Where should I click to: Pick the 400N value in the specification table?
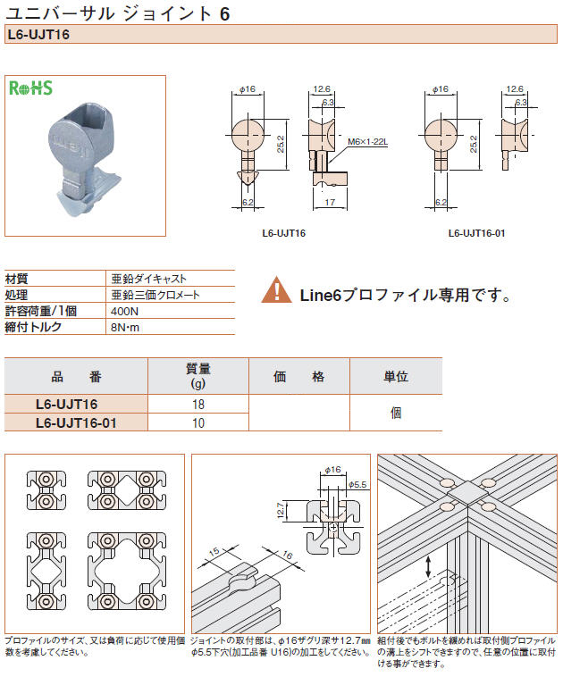coord(124,311)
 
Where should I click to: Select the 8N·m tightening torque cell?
coord(125,327)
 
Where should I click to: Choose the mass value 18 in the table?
coord(197,404)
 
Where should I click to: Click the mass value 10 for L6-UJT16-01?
coord(197,422)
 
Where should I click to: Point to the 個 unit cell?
coord(395,413)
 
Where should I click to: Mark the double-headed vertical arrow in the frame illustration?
coord(431,565)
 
